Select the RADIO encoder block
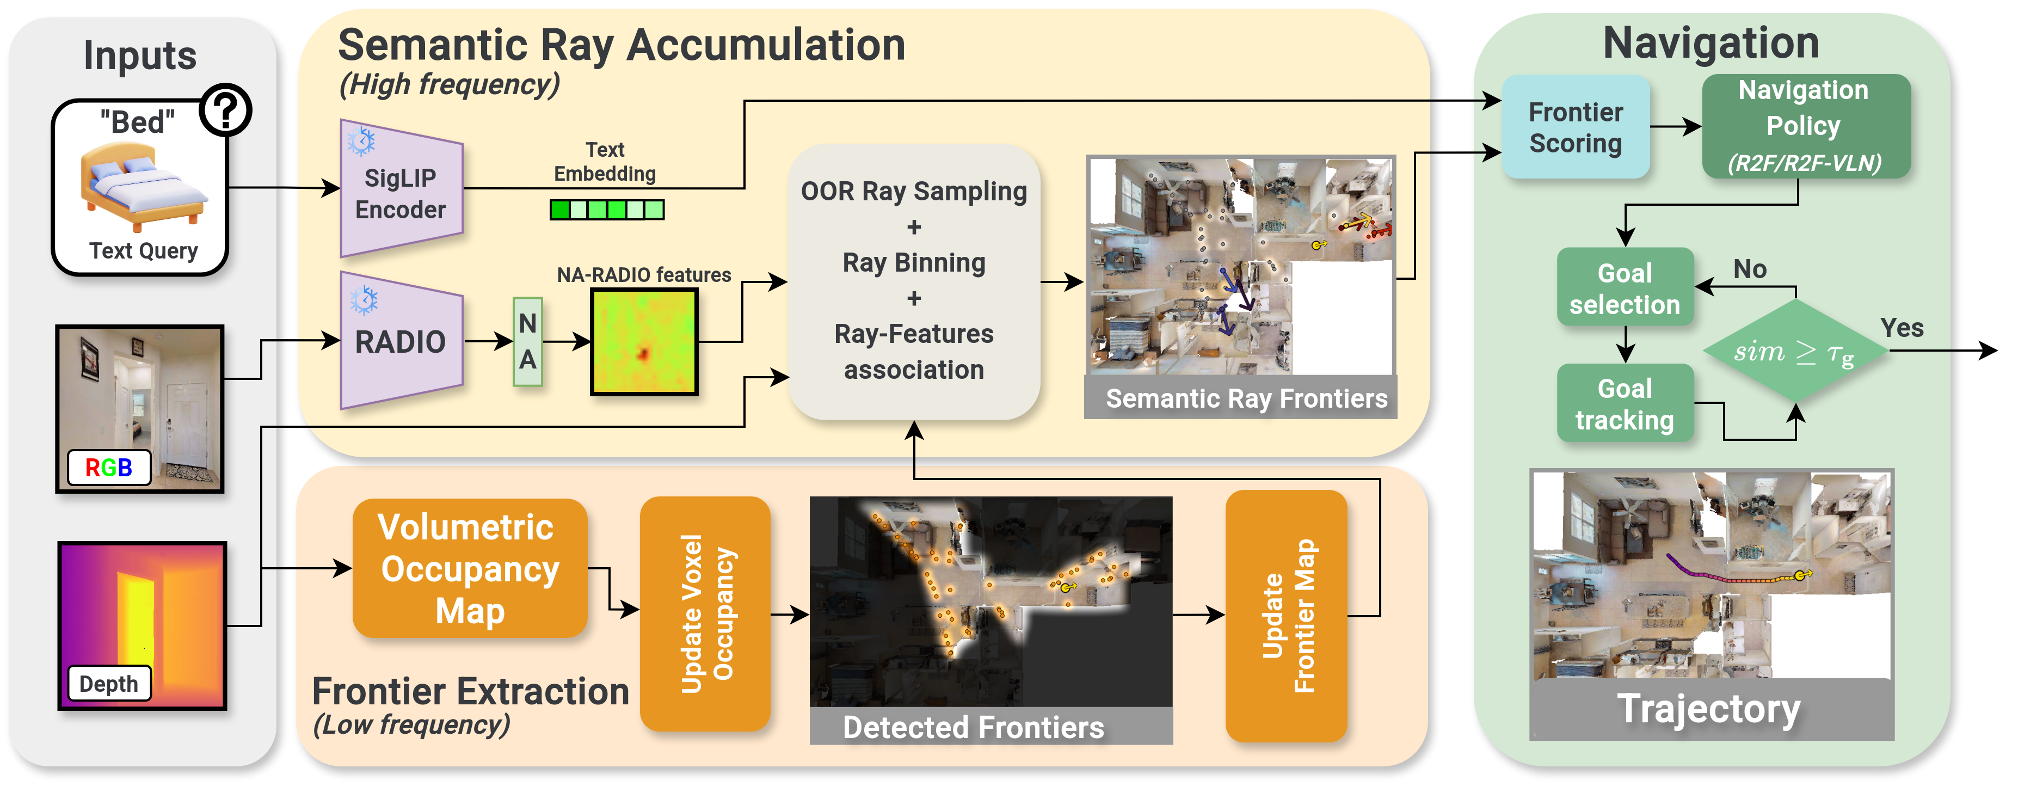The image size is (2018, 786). (401, 342)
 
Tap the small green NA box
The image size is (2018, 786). (528, 342)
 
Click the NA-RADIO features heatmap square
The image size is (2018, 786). (644, 342)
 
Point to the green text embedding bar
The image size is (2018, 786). (607, 209)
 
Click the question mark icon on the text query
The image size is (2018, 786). (226, 111)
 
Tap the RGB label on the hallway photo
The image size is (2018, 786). (109, 467)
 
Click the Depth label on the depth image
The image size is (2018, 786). (109, 683)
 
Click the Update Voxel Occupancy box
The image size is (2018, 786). (705, 613)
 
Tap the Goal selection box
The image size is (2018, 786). (1625, 287)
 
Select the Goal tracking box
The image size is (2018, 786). (1625, 403)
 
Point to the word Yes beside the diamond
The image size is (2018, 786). (1902, 328)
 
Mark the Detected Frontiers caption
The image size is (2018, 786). (974, 727)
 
